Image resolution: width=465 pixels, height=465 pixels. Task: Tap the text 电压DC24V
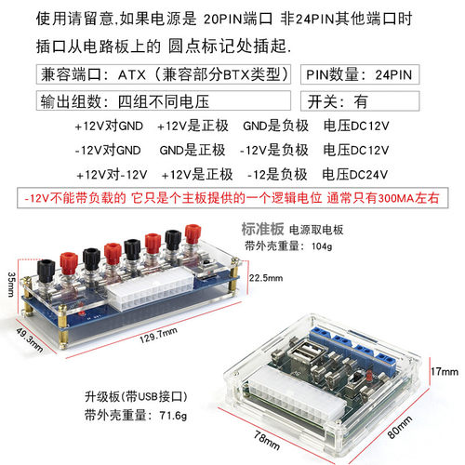354,173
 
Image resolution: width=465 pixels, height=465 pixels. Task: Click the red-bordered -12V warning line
232,198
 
